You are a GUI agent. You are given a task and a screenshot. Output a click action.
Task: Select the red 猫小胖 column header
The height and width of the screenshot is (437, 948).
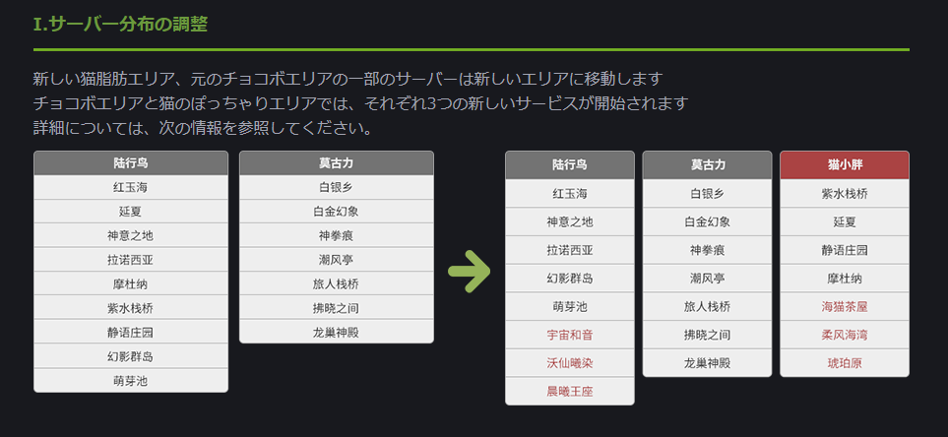[844, 164]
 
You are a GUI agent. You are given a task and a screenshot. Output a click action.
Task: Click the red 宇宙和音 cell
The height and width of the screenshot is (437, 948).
[569, 335]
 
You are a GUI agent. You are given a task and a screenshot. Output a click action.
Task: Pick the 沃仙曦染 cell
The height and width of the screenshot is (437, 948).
[569, 363]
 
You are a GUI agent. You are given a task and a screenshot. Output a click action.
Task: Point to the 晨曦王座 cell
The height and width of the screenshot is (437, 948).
[569, 392]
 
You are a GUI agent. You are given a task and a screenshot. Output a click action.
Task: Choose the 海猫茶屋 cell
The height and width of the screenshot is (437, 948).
[844, 306]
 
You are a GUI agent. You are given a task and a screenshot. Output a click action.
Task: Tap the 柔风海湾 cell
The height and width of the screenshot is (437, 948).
[844, 335]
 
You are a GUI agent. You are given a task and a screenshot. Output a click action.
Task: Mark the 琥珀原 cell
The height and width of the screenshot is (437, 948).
[844, 363]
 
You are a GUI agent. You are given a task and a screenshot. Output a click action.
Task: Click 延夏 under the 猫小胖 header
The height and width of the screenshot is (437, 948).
[844, 221]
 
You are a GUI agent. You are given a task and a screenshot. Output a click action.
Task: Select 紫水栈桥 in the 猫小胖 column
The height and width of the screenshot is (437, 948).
[844, 193]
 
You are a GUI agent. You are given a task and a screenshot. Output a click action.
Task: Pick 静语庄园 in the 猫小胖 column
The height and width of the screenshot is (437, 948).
[844, 250]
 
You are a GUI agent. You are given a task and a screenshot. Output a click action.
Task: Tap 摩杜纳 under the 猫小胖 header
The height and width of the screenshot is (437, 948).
[844, 278]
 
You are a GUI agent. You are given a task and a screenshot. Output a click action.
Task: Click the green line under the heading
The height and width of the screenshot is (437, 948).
[471, 49]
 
